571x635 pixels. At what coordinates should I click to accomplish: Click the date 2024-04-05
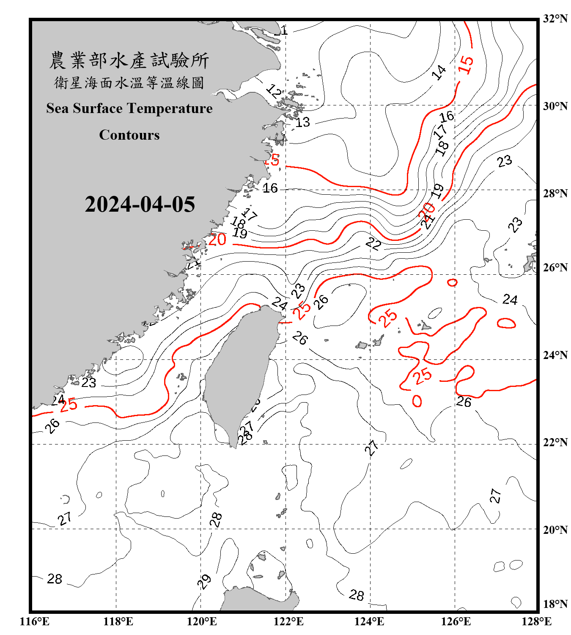140,204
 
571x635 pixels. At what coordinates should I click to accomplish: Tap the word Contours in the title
129,135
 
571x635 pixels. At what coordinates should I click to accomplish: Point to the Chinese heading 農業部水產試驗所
129,61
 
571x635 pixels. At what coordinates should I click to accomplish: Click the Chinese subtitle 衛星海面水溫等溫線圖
129,83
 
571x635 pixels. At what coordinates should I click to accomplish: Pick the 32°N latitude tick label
555,19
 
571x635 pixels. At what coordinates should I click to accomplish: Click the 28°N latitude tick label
555,193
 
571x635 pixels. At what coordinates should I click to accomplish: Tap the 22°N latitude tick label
555,442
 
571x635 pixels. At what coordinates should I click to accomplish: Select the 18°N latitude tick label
555,604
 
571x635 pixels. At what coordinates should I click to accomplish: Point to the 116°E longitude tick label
35,621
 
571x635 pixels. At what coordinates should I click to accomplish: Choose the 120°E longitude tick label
202,621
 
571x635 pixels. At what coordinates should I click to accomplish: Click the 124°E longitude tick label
369,621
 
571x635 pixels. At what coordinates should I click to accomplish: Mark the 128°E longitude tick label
536,621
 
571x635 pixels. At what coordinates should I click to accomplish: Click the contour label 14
439,72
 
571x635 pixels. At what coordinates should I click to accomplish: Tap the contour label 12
273,91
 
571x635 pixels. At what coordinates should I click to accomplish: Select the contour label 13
302,122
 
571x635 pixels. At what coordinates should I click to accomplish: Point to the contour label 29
204,582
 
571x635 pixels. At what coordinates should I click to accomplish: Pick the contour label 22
373,243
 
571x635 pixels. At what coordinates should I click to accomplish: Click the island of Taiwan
239,373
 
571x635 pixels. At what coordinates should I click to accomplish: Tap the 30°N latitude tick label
555,106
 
